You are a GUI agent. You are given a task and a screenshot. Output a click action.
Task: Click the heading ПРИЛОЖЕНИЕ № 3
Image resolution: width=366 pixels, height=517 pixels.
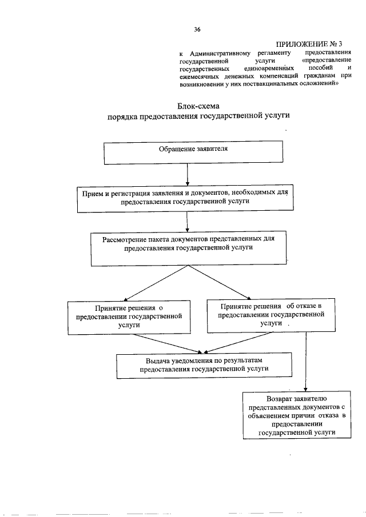(x=309, y=43)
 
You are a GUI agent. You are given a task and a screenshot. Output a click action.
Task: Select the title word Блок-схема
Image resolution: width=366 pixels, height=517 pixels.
(x=199, y=106)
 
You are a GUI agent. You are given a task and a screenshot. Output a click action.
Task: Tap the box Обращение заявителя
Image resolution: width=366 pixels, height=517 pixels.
(x=193, y=152)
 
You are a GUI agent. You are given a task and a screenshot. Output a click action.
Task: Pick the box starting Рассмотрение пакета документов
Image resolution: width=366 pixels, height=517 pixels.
(x=189, y=247)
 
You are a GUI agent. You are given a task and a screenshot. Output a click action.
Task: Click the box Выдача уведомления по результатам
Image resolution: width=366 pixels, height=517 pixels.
(x=204, y=365)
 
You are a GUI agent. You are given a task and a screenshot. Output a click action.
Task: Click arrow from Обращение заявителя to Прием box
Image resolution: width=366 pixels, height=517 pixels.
(x=188, y=174)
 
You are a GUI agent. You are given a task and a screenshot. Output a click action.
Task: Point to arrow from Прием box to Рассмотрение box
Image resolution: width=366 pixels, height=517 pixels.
(x=188, y=221)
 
